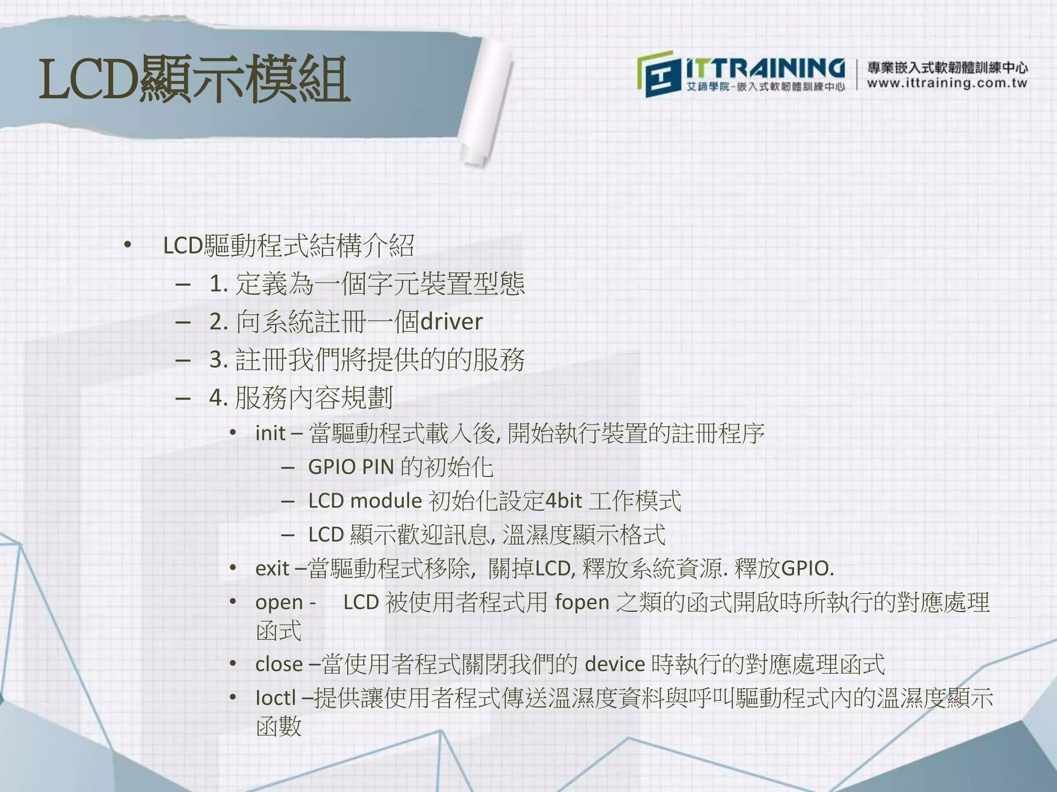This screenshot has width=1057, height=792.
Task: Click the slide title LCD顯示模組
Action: (195, 80)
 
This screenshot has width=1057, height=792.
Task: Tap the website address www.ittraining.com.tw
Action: (947, 83)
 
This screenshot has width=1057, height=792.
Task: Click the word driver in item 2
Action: (451, 322)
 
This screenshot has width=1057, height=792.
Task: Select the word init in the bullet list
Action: (270, 433)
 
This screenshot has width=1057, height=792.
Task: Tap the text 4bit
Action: (564, 501)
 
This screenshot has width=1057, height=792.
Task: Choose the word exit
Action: (272, 569)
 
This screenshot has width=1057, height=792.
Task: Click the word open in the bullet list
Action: (279, 603)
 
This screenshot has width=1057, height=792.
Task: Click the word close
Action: (279, 664)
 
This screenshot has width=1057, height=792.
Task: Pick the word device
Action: (615, 664)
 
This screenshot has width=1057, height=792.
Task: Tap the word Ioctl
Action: (276, 698)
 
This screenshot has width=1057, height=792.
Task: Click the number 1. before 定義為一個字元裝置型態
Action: (218, 284)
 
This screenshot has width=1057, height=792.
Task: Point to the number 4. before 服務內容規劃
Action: (218, 398)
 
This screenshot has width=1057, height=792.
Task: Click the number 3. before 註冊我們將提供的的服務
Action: (218, 360)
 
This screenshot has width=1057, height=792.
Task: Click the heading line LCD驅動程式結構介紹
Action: (289, 245)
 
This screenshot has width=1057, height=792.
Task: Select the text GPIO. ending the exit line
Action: (808, 569)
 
